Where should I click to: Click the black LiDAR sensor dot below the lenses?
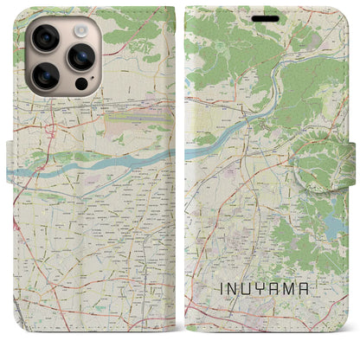tap(82, 85)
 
